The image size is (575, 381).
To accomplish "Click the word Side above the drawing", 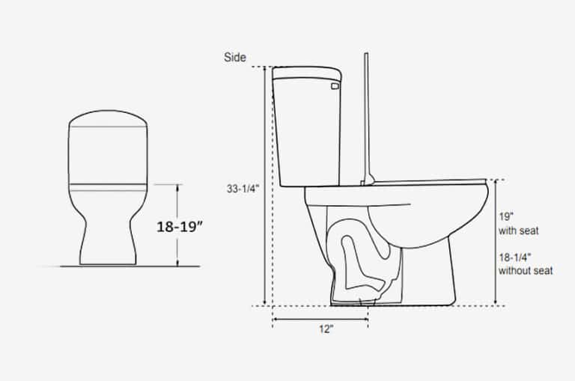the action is tap(234, 57).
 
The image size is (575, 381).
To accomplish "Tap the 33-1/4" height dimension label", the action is tap(243, 189).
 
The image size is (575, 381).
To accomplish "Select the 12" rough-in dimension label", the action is tap(326, 329).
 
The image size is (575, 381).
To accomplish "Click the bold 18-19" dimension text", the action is tap(180, 227).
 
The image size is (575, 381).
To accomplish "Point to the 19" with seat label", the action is tap(519, 224).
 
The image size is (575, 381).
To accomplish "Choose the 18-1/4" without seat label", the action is tap(526, 264).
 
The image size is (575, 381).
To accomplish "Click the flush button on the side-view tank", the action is tap(335, 86).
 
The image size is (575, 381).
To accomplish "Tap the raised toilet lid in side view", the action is tap(366, 118).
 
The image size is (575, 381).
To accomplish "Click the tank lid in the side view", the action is tap(307, 73).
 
